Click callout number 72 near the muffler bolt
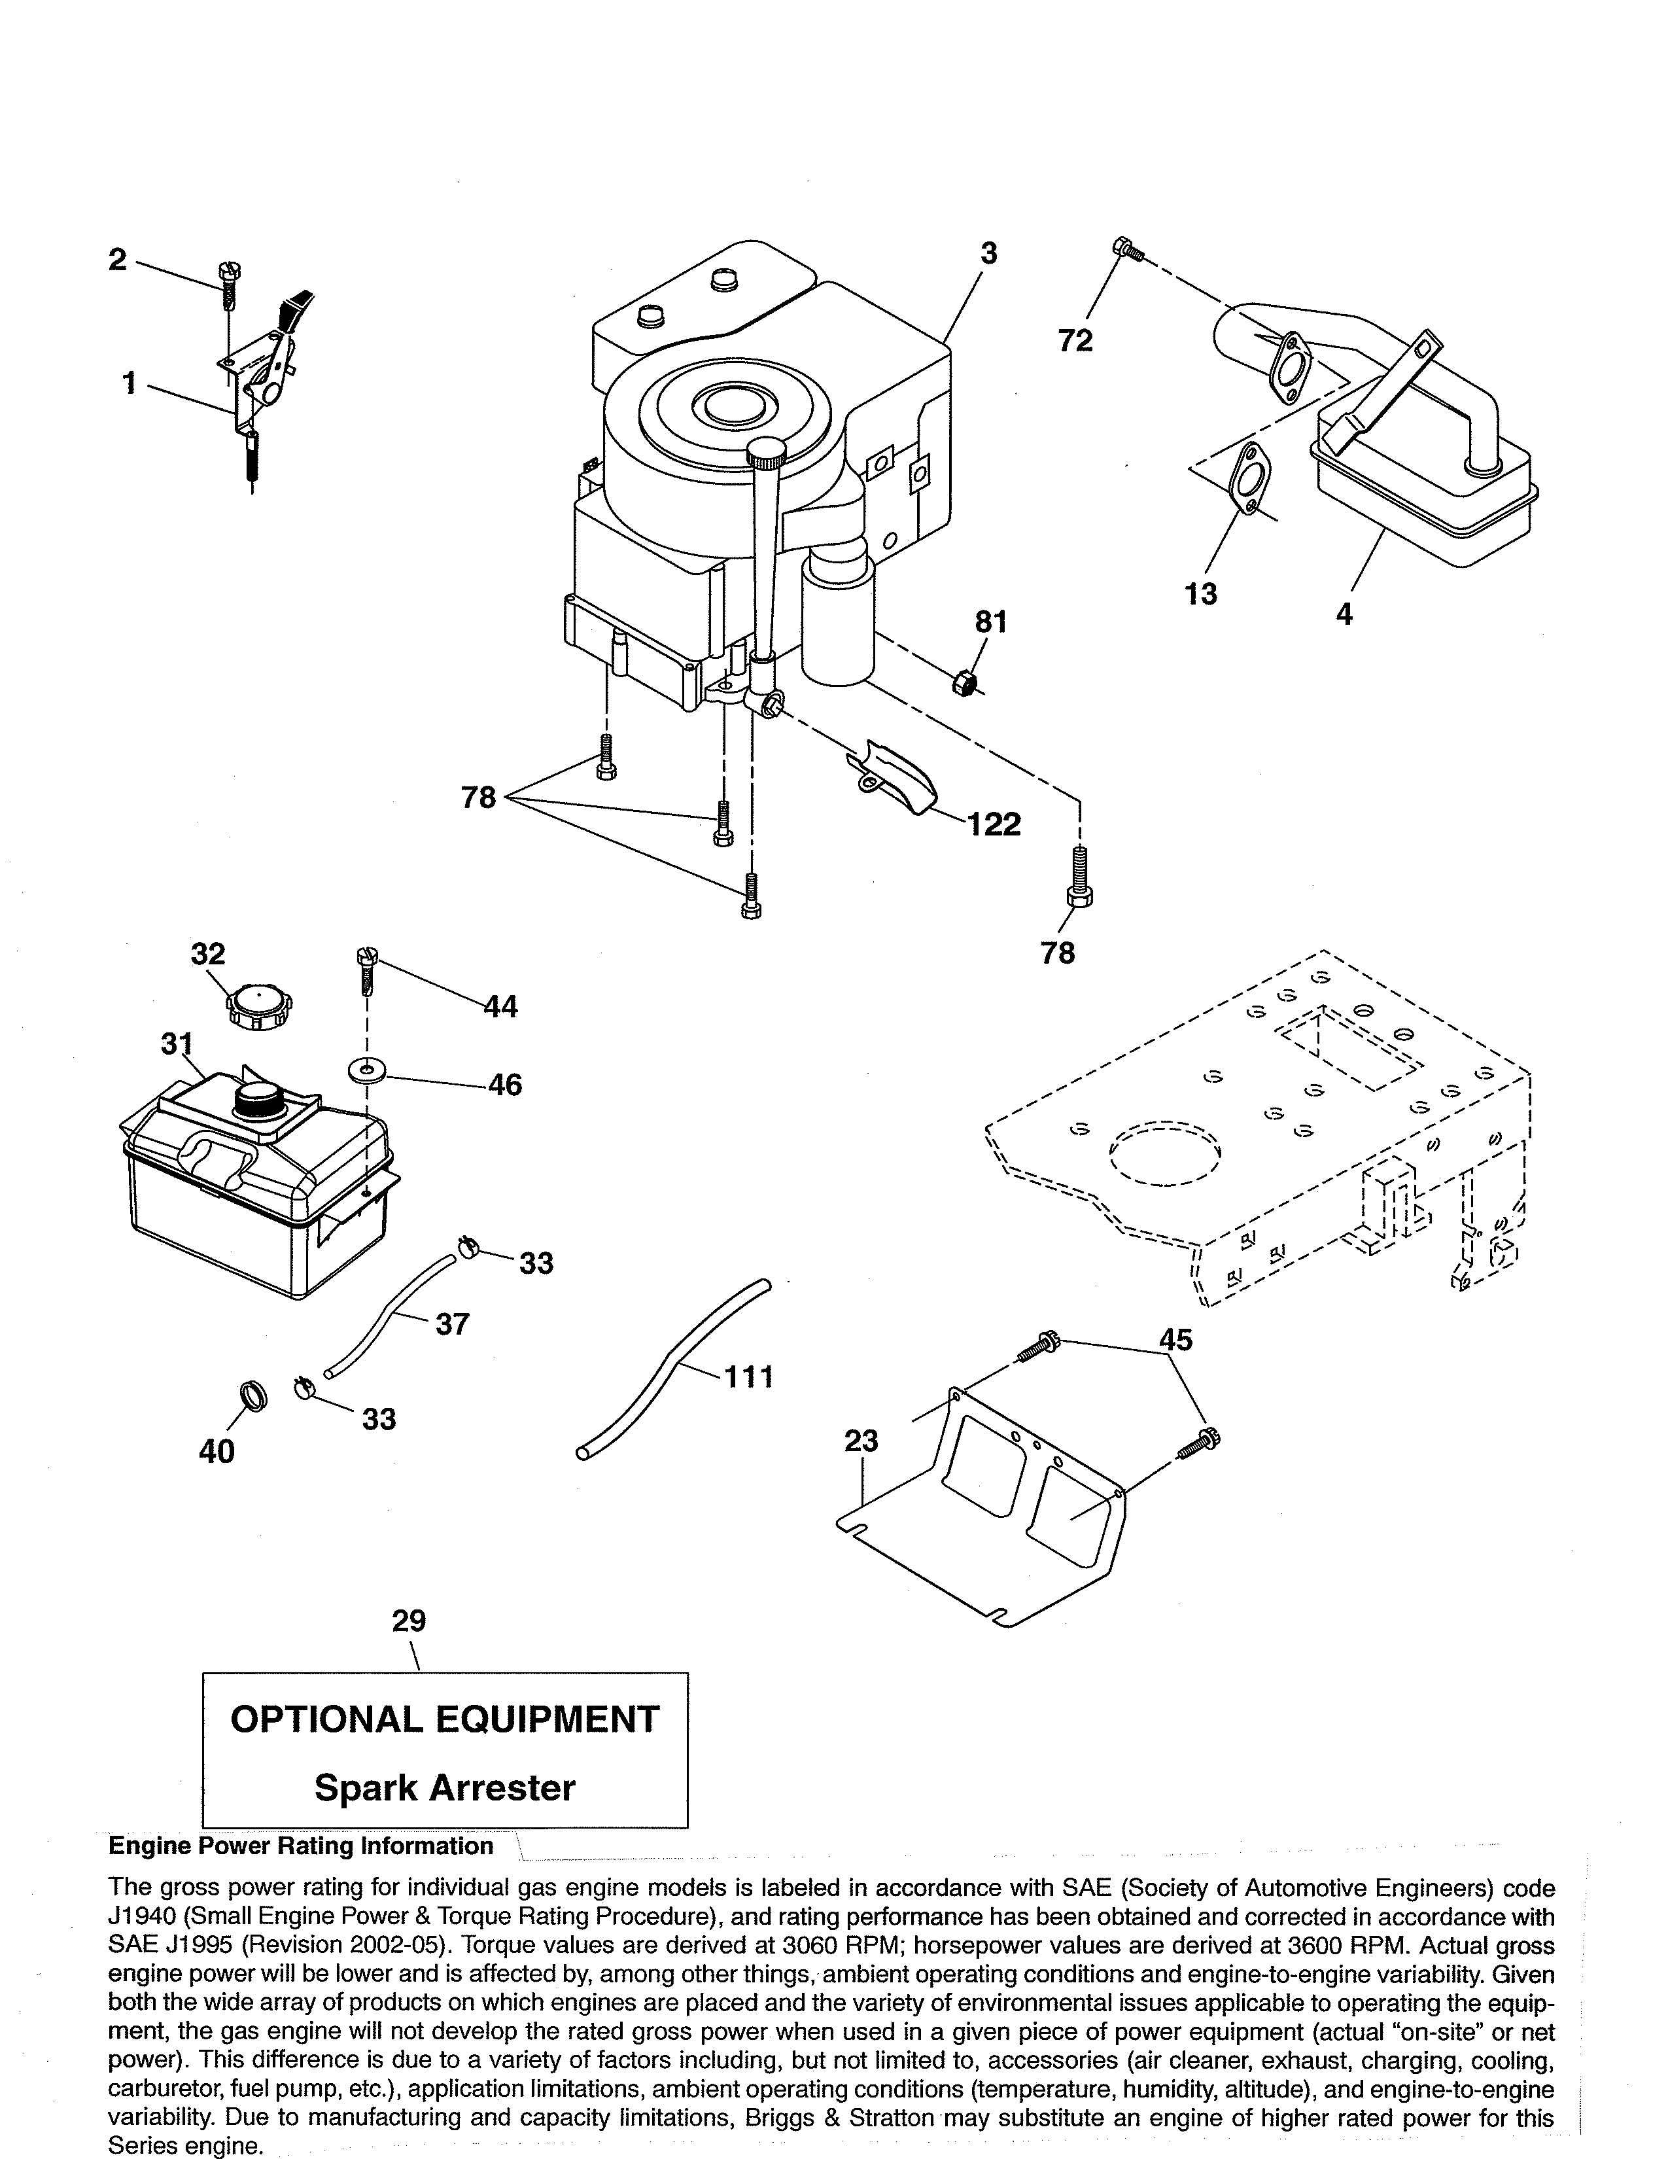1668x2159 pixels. click(1075, 340)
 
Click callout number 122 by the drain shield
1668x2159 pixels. click(994, 824)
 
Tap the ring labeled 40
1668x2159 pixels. click(254, 1396)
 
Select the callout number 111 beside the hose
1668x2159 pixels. click(748, 1376)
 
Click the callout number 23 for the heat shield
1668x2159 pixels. click(861, 1441)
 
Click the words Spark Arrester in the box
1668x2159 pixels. click(445, 1787)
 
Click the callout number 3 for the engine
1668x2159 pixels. click(988, 254)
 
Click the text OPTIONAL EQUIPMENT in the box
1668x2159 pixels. click(445, 1719)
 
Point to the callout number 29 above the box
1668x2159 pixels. click(409, 1621)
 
